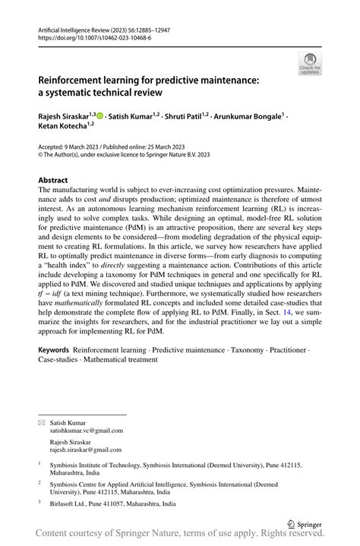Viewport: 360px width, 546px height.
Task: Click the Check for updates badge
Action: [310, 65]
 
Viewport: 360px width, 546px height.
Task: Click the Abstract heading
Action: [58, 181]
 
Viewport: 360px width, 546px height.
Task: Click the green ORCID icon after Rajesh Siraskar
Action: [100, 115]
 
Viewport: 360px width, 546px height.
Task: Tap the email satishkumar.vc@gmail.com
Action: [86, 430]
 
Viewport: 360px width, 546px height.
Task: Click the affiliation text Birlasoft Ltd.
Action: [71, 503]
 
